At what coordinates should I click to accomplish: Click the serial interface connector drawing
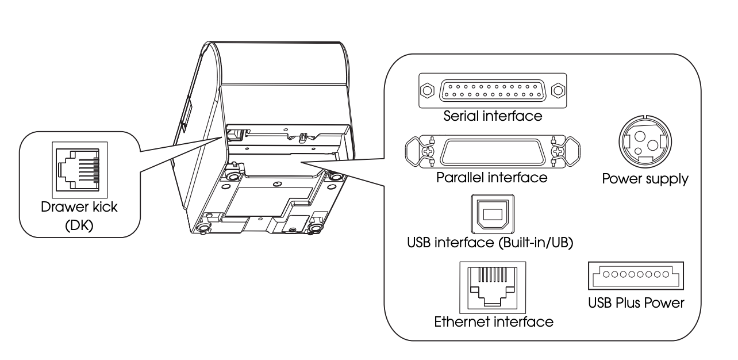pyautogui.click(x=493, y=90)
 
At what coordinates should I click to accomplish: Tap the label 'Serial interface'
pyautogui.click(x=493, y=116)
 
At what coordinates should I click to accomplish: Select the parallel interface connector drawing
pyautogui.click(x=493, y=152)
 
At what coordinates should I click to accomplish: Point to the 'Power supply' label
pyautogui.click(x=644, y=179)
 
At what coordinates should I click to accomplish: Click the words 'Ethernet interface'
pyautogui.click(x=494, y=321)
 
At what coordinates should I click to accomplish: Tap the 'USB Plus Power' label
pyautogui.click(x=636, y=302)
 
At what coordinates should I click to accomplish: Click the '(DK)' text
pyautogui.click(x=79, y=226)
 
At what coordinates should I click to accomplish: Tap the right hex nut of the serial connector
pyautogui.click(x=556, y=90)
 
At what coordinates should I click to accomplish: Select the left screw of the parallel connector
pyautogui.click(x=428, y=152)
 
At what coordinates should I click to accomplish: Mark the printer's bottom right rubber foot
pyautogui.click(x=314, y=229)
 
